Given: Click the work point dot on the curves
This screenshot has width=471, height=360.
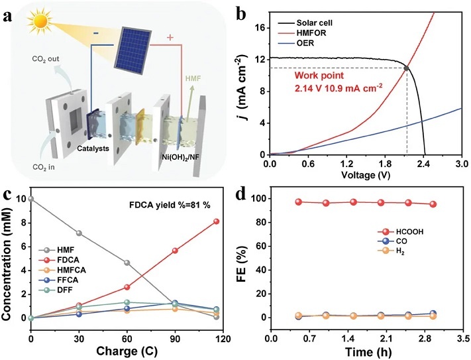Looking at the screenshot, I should (x=406, y=68).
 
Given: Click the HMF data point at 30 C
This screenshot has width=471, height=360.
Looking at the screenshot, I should (x=79, y=233).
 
